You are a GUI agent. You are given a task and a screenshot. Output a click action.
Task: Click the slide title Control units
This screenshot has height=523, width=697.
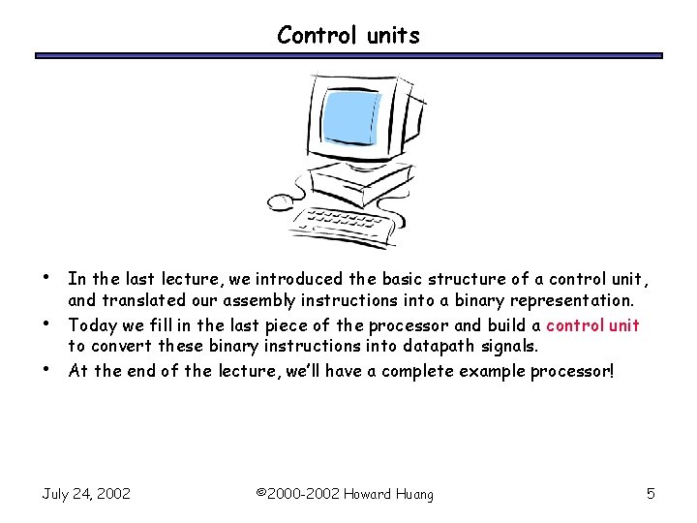348,36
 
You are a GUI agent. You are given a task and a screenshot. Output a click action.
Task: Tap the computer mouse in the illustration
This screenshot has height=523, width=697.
281,202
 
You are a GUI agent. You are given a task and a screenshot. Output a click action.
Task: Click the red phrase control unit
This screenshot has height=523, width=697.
592,325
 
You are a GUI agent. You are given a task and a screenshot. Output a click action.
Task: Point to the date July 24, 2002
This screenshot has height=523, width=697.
86,494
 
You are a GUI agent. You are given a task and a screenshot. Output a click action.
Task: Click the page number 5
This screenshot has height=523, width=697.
651,494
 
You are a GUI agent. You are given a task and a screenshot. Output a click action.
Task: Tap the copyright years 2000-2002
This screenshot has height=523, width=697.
299,494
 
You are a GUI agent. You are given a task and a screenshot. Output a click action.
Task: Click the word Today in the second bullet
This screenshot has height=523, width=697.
91,325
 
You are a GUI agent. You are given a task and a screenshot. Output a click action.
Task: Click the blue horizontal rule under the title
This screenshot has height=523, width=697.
348,56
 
